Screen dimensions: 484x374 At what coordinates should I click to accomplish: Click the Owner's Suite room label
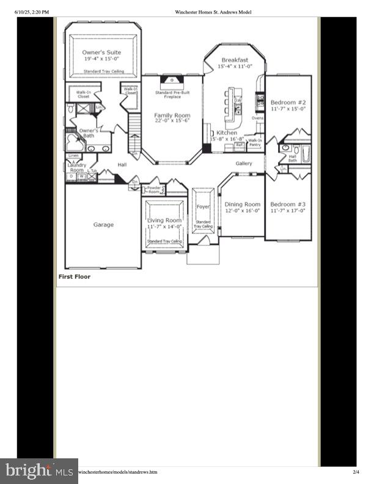pyautogui.click(x=101, y=53)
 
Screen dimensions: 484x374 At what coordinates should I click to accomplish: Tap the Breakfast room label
pyautogui.click(x=234, y=60)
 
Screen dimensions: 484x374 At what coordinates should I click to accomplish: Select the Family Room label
pyautogui.click(x=171, y=116)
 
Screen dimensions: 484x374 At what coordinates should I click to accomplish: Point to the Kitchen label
pyautogui.click(x=227, y=133)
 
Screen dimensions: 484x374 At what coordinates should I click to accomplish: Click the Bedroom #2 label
pyautogui.click(x=288, y=103)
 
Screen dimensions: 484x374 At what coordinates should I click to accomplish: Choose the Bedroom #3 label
pyautogui.click(x=288, y=204)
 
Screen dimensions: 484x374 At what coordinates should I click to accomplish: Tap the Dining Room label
pyautogui.click(x=243, y=204)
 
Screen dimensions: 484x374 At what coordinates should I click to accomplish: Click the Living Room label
pyautogui.click(x=164, y=220)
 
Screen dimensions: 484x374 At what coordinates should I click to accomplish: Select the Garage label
pyautogui.click(x=103, y=224)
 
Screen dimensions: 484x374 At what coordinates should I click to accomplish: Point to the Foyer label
pyautogui.click(x=203, y=207)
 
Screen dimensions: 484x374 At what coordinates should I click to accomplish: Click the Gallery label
pyautogui.click(x=244, y=163)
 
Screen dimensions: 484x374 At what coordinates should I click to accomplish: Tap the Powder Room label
pyautogui.click(x=154, y=189)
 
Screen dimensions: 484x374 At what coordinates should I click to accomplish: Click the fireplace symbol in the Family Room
pyautogui.click(x=172, y=80)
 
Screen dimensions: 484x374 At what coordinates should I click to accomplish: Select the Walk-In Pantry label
pyautogui.click(x=255, y=142)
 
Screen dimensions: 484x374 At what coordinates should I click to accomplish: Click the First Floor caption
pyautogui.click(x=75, y=277)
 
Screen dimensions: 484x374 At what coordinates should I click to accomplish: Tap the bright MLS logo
pyautogui.click(x=38, y=471)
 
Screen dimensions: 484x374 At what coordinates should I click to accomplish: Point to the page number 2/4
pyautogui.click(x=356, y=472)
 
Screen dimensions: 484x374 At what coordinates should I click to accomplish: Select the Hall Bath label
pyautogui.click(x=292, y=158)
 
